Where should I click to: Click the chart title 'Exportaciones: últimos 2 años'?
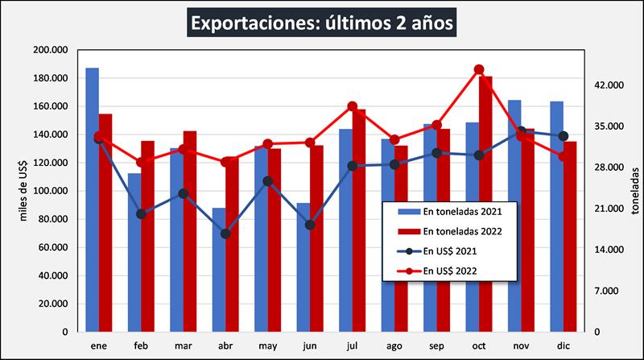tap(322, 22)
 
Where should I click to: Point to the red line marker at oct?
tap(479, 69)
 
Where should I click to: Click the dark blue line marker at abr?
tap(226, 234)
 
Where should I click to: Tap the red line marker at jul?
tap(353, 106)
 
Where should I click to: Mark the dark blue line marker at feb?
tap(141, 213)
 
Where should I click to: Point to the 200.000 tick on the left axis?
tap(51, 50)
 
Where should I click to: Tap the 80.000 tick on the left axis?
tap(53, 219)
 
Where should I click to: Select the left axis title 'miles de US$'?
tap(24, 191)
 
